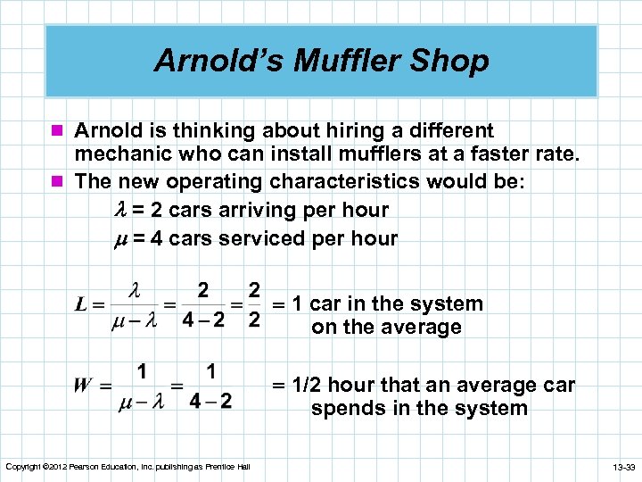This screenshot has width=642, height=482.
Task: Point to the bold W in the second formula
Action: pos(83,386)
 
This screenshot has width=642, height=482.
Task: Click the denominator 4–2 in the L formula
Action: pos(203,319)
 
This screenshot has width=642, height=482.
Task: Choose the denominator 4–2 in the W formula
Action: pos(210,400)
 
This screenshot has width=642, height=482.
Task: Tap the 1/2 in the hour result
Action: pos(308,386)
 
